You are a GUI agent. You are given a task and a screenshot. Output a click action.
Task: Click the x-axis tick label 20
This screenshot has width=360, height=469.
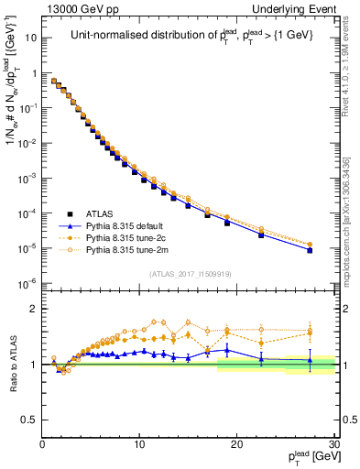236,443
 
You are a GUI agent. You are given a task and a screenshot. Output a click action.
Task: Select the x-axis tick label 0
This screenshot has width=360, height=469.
43,443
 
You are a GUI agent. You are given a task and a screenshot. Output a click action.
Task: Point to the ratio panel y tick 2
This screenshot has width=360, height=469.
33,309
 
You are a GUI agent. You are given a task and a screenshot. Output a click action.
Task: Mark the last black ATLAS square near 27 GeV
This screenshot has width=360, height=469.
310,250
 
